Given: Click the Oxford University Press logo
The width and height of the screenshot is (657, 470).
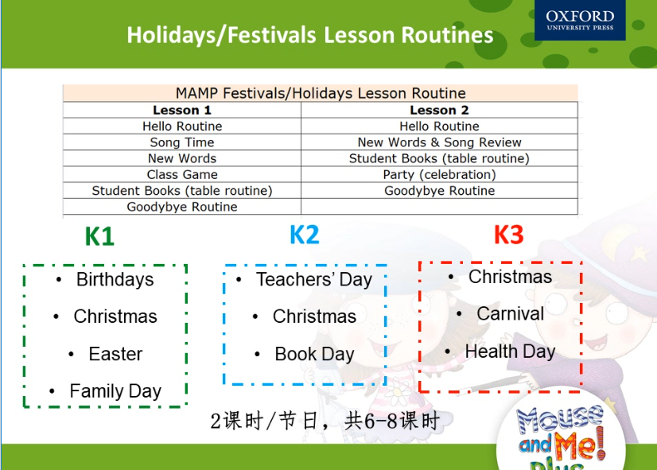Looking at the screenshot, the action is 580,20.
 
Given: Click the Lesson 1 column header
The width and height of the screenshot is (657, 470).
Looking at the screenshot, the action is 182,111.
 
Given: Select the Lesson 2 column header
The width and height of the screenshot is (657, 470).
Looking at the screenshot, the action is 439,111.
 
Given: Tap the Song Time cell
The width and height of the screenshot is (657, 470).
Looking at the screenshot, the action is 182,142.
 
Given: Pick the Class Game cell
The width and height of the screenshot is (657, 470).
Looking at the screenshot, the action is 182,174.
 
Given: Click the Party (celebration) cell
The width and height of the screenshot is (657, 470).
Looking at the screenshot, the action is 439,174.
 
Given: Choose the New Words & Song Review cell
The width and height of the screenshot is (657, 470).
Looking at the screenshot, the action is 439,142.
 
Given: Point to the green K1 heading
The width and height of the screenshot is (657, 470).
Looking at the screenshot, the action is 99,236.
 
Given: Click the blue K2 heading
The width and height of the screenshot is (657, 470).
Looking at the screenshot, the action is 305,235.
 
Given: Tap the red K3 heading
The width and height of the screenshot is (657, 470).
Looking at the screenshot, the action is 509,235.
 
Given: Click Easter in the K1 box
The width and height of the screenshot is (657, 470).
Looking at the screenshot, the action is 115,354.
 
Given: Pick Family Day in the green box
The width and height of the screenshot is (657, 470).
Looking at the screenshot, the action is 115,391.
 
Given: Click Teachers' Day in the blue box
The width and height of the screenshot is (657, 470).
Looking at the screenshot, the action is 314,279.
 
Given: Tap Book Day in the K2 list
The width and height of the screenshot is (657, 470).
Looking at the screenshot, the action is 314,355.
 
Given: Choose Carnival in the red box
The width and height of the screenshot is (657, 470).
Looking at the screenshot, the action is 511,314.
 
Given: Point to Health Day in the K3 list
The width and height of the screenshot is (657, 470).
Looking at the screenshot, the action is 510,352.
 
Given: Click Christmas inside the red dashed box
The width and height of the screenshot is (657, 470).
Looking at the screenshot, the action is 510,277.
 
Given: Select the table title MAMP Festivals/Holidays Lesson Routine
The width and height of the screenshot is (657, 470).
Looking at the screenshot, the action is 321,93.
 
